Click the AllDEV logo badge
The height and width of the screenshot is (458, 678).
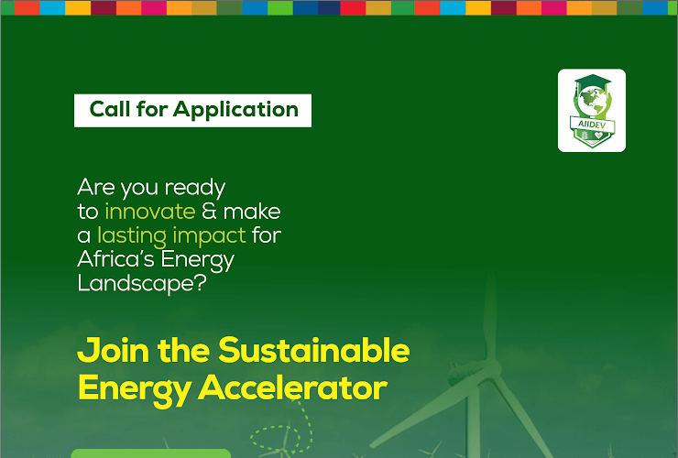[x=592, y=110]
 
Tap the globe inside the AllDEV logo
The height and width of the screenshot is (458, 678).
[x=592, y=98]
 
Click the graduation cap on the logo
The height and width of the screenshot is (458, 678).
[x=592, y=82]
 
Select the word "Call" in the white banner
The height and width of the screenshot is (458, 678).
[x=109, y=110]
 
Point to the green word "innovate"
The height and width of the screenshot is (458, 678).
[x=150, y=211]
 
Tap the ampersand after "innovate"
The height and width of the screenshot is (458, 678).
[x=210, y=211]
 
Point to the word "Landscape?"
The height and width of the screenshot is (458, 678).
[x=137, y=283]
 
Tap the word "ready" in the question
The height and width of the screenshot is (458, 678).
[x=194, y=188]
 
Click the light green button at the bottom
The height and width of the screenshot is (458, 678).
[x=150, y=453]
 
